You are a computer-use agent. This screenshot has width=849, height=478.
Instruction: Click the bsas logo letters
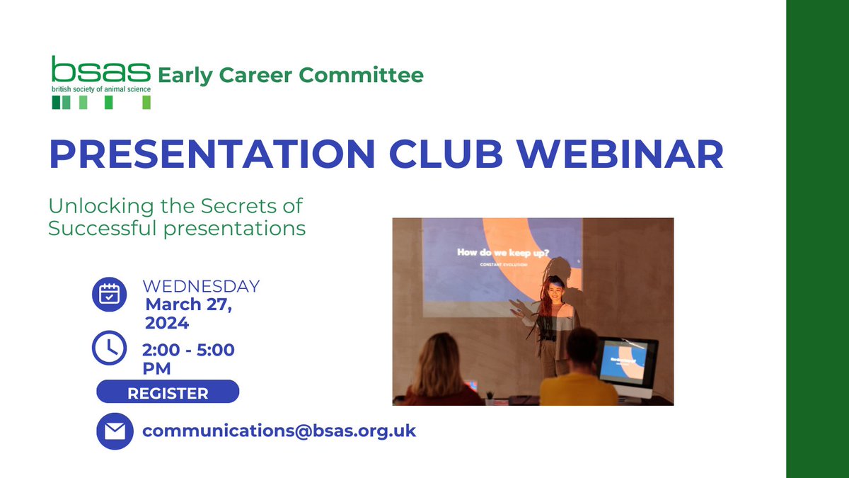pyautogui.click(x=100, y=70)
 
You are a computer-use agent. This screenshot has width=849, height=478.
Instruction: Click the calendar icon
pyautogui.click(x=110, y=294)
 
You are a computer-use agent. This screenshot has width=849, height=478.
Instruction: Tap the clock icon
pyautogui.click(x=110, y=348)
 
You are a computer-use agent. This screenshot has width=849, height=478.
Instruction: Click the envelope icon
pyautogui.click(x=114, y=431)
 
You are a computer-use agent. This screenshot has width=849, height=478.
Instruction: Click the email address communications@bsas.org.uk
pyautogui.click(x=279, y=431)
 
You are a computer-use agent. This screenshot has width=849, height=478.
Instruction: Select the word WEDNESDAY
pyautogui.click(x=201, y=287)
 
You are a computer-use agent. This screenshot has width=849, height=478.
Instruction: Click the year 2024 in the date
pyautogui.click(x=167, y=324)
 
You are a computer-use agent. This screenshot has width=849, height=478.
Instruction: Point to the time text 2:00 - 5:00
pyautogui.click(x=188, y=350)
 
